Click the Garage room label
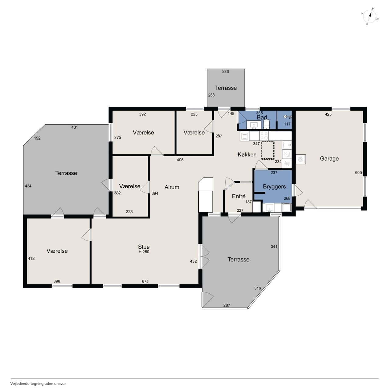[x=329, y=158]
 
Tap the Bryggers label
[x=274, y=186]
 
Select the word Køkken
[x=247, y=154]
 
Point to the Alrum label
[x=172, y=187]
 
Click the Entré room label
[x=239, y=196]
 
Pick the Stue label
[x=144, y=247]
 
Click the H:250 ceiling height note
[x=144, y=252]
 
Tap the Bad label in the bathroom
[x=262, y=117]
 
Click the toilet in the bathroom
[x=266, y=124]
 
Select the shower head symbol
[x=287, y=117]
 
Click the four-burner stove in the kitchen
[x=264, y=136]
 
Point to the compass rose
[x=370, y=16]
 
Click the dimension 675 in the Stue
[x=145, y=281]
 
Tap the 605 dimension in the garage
[x=358, y=173]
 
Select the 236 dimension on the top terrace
[x=225, y=71]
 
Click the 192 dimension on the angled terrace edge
[x=37, y=138]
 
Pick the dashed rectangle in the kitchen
[x=268, y=151]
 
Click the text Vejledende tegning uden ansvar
[x=38, y=384]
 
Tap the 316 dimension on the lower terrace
[x=257, y=288]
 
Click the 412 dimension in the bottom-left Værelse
[x=31, y=258]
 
